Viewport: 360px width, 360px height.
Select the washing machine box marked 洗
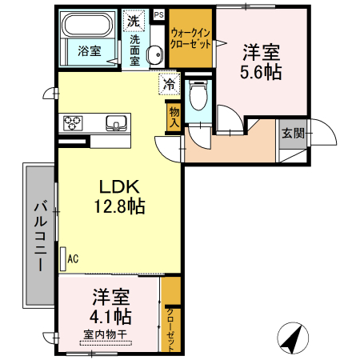pos(133,21)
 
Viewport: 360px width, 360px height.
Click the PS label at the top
pos(158,14)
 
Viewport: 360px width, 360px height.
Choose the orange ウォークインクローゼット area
pos(191,39)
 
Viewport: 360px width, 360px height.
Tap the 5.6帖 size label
pos(262,71)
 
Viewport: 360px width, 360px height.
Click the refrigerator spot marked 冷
pos(170,82)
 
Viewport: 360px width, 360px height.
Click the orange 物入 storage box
pos(174,117)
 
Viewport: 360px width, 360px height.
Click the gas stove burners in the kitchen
pos(74,123)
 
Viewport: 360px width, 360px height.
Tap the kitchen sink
pos(117,123)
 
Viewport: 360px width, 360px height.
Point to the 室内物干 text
pos(107,334)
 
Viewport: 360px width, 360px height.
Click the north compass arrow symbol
pos(291,337)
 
